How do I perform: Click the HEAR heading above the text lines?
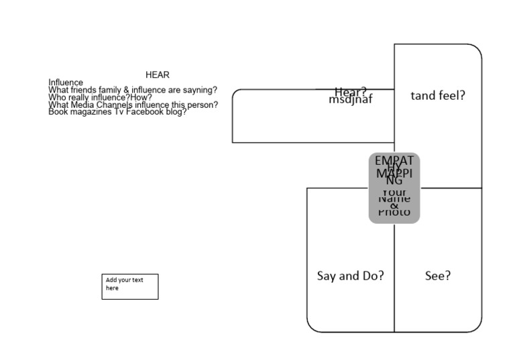[158, 74]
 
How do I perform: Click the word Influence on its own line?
[66, 82]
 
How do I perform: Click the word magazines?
[90, 112]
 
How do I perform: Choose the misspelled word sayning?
[199, 90]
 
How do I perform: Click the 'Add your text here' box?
[130, 286]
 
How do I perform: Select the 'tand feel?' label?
[438, 95]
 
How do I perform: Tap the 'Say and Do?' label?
[350, 276]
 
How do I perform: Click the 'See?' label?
[438, 276]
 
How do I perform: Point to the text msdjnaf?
[350, 100]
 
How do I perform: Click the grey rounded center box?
[394, 188]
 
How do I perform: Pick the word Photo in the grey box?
[394, 212]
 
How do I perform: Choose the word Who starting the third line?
[57, 97]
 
